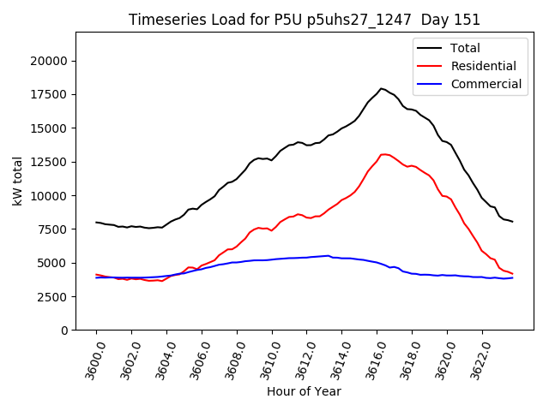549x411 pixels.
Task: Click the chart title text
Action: tap(305, 20)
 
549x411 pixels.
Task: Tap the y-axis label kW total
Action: tap(17, 181)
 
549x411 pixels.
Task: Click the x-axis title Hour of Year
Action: tap(304, 391)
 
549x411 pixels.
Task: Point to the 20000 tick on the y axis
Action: tap(49, 61)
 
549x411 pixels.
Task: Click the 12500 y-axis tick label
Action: tap(49, 162)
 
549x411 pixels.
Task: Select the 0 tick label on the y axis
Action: tap(64, 331)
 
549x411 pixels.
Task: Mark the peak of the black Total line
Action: tap(382, 88)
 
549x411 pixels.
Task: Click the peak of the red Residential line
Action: tap(383, 154)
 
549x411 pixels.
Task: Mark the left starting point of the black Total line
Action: tap(96, 222)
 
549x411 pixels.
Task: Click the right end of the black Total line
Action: tap(513, 222)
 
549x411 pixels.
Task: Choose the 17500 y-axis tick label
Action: tap(49, 94)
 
